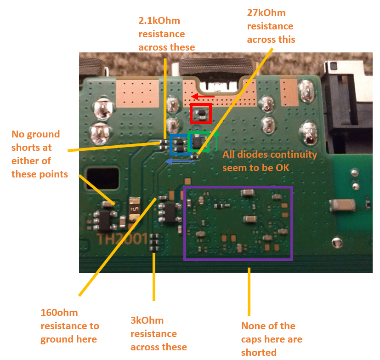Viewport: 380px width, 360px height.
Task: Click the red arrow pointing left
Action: (x=203, y=97)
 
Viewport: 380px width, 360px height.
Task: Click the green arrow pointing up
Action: (x=216, y=140)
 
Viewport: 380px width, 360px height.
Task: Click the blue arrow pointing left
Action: (x=179, y=161)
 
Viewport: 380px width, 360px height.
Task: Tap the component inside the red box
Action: (x=201, y=114)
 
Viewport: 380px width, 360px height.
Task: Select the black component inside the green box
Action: (x=197, y=142)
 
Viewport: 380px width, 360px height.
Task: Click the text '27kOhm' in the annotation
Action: (x=266, y=13)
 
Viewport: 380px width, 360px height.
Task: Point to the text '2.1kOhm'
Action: (x=159, y=21)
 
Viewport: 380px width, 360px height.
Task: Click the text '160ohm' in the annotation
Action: (x=59, y=313)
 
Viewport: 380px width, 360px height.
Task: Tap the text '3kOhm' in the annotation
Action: (x=147, y=320)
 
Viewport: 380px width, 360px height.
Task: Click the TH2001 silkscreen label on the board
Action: (x=122, y=239)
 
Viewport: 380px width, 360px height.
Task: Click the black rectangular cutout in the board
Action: (x=103, y=178)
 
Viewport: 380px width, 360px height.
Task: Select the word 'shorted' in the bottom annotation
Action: (x=259, y=353)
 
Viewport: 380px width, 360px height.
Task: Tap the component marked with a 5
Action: (x=135, y=209)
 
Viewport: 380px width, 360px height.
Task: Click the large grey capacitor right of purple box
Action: (x=343, y=205)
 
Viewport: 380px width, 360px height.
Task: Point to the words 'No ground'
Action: (x=36, y=134)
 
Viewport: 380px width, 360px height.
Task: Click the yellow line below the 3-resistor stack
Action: (x=154, y=277)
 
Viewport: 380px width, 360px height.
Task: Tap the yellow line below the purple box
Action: (x=249, y=291)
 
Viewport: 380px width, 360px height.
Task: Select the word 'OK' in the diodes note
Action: (x=284, y=168)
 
